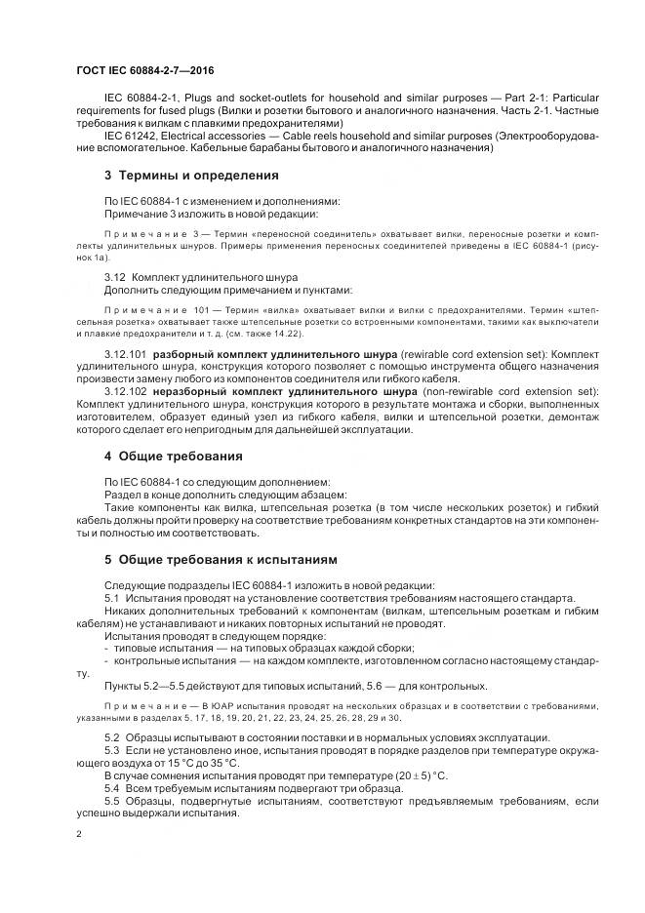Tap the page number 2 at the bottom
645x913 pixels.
coord(79,835)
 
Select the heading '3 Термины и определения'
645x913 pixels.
coord(191,176)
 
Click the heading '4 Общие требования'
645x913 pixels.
coord(175,456)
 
